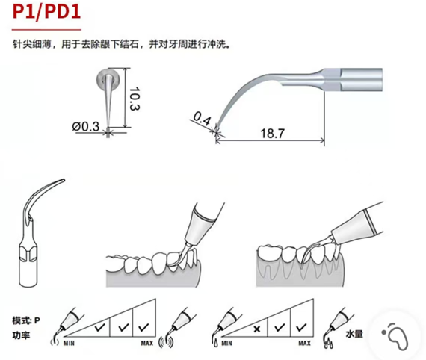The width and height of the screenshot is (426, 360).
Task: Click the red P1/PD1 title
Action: (47, 12)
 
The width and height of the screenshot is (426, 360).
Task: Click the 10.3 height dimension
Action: (135, 99)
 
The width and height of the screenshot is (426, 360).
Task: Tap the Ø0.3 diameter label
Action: (86, 126)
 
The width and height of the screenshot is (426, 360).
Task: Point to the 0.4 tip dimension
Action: (202, 119)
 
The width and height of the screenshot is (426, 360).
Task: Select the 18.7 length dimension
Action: (272, 133)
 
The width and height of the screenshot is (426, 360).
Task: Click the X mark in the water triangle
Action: (257, 329)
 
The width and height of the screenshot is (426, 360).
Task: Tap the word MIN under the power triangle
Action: (69, 344)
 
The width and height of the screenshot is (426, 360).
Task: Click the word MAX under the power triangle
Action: (147, 344)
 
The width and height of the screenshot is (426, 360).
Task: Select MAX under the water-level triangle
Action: (305, 344)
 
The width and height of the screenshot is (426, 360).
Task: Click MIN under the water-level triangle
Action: (227, 344)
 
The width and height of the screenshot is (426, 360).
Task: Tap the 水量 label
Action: (354, 334)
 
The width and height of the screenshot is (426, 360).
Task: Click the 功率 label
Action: (21, 335)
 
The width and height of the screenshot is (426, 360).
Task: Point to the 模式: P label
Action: (26, 320)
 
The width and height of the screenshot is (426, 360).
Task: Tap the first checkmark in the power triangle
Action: (100, 328)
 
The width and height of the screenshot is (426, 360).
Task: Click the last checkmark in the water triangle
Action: (301, 328)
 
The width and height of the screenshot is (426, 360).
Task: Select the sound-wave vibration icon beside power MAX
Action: (166, 342)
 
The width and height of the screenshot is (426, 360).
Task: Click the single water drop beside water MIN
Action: (216, 343)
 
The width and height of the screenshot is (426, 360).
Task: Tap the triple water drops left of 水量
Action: (328, 343)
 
